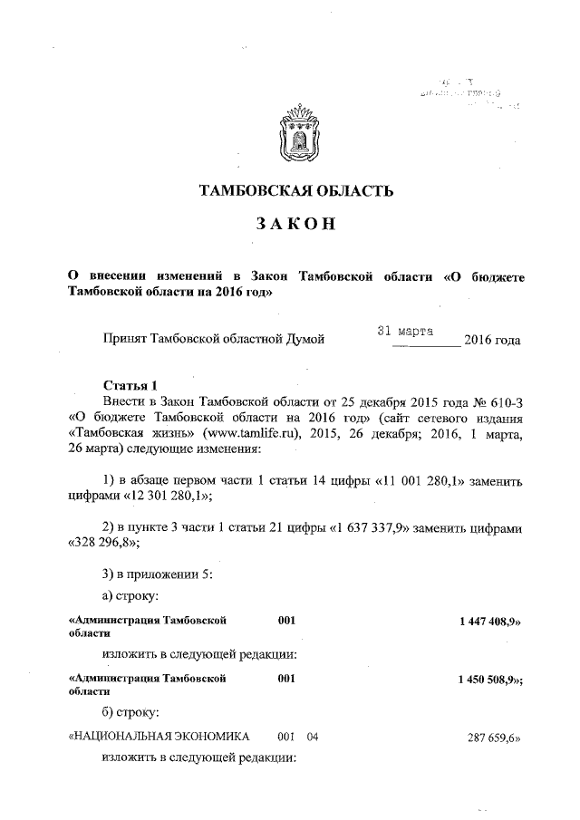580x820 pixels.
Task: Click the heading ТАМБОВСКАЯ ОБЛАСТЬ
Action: pyautogui.click(x=296, y=191)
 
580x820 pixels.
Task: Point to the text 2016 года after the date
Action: pyautogui.click(x=492, y=341)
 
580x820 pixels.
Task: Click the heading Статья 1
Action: pyautogui.click(x=130, y=384)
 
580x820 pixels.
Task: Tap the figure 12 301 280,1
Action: pyautogui.click(x=159, y=494)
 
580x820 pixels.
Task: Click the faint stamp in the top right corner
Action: pyautogui.click(x=469, y=93)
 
